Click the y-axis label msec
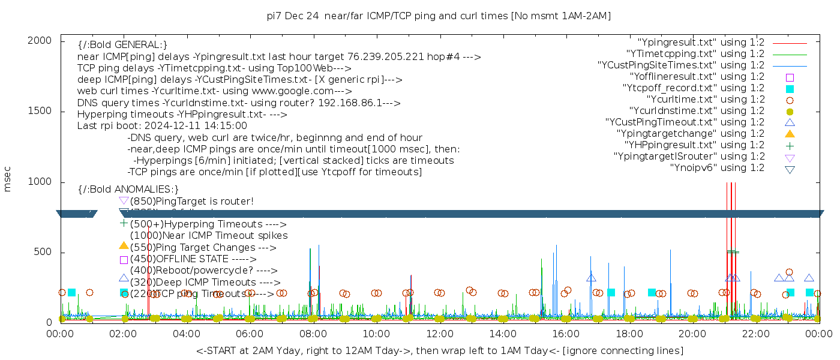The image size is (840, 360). coord(8,179)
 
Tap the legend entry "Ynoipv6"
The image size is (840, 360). coord(717,168)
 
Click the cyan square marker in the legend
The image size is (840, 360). coord(790,89)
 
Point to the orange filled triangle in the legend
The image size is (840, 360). coord(790,134)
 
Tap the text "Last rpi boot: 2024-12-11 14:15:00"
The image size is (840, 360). coord(162,126)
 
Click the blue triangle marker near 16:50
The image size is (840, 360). coord(591,278)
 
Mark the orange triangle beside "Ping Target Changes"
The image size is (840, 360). coord(124,245)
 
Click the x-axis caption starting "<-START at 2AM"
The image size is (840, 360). coord(439,350)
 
